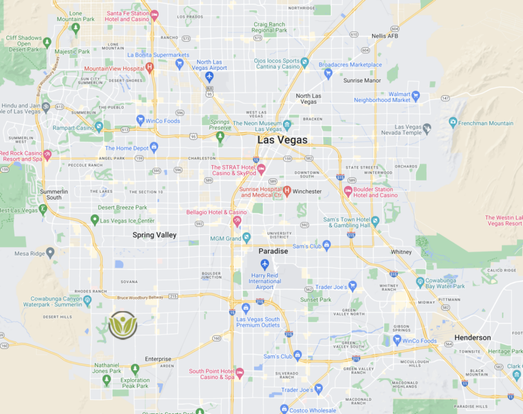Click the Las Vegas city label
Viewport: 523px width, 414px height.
(x=282, y=140)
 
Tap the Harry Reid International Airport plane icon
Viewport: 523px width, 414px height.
(x=265, y=264)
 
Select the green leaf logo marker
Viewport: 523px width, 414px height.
(x=123, y=325)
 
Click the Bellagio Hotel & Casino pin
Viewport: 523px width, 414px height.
(x=237, y=221)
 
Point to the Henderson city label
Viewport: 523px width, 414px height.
(x=472, y=338)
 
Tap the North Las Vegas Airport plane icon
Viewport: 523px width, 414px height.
(x=209, y=77)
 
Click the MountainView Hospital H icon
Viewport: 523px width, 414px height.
(x=150, y=67)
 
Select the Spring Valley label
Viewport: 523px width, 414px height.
(x=154, y=235)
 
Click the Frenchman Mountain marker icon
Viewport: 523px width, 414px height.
(x=453, y=123)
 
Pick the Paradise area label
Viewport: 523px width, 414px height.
(x=273, y=251)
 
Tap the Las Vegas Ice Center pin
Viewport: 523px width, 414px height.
(x=94, y=220)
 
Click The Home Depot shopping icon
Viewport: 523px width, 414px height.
(x=154, y=148)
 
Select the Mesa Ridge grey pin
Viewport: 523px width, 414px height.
(x=50, y=252)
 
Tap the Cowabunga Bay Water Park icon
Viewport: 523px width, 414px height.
(x=420, y=282)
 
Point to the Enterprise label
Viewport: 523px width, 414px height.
(x=158, y=359)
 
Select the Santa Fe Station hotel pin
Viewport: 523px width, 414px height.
(x=154, y=15)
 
